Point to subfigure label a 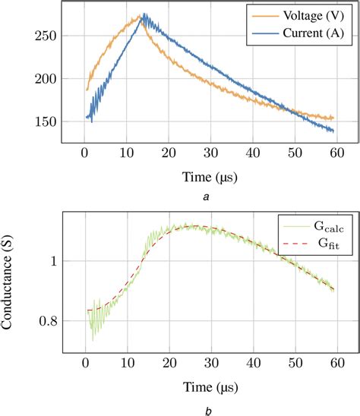pyautogui.click(x=206, y=197)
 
